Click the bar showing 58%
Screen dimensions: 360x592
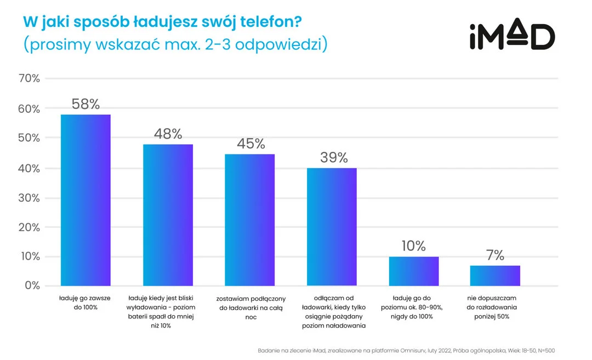point(86,200)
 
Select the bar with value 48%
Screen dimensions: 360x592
point(168,215)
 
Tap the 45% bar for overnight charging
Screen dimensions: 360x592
point(250,220)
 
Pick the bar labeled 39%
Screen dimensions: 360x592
point(332,226)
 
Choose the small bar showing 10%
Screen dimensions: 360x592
point(414,271)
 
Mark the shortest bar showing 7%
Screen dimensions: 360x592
point(495,276)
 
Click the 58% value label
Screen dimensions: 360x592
point(86,104)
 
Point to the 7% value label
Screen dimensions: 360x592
point(494,255)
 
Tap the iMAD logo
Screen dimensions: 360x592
point(512,37)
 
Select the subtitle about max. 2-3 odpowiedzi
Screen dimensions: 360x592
point(175,44)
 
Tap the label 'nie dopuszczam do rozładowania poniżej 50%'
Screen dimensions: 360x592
point(495,303)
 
